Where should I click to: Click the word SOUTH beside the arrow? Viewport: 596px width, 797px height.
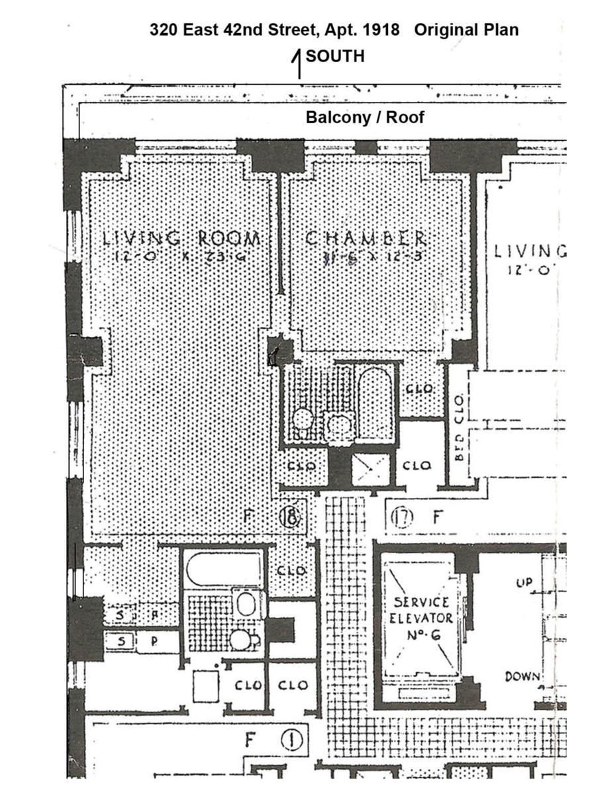click(335, 56)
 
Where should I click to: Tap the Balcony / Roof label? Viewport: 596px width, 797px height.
click(365, 117)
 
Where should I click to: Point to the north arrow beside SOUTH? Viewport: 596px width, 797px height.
click(298, 64)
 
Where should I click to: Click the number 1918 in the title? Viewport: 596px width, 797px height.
click(377, 30)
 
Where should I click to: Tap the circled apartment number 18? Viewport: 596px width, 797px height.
click(290, 515)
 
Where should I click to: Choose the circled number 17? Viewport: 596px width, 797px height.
click(401, 516)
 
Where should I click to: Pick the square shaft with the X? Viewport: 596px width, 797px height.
click(370, 468)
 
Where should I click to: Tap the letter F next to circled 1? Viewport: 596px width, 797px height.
click(250, 739)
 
